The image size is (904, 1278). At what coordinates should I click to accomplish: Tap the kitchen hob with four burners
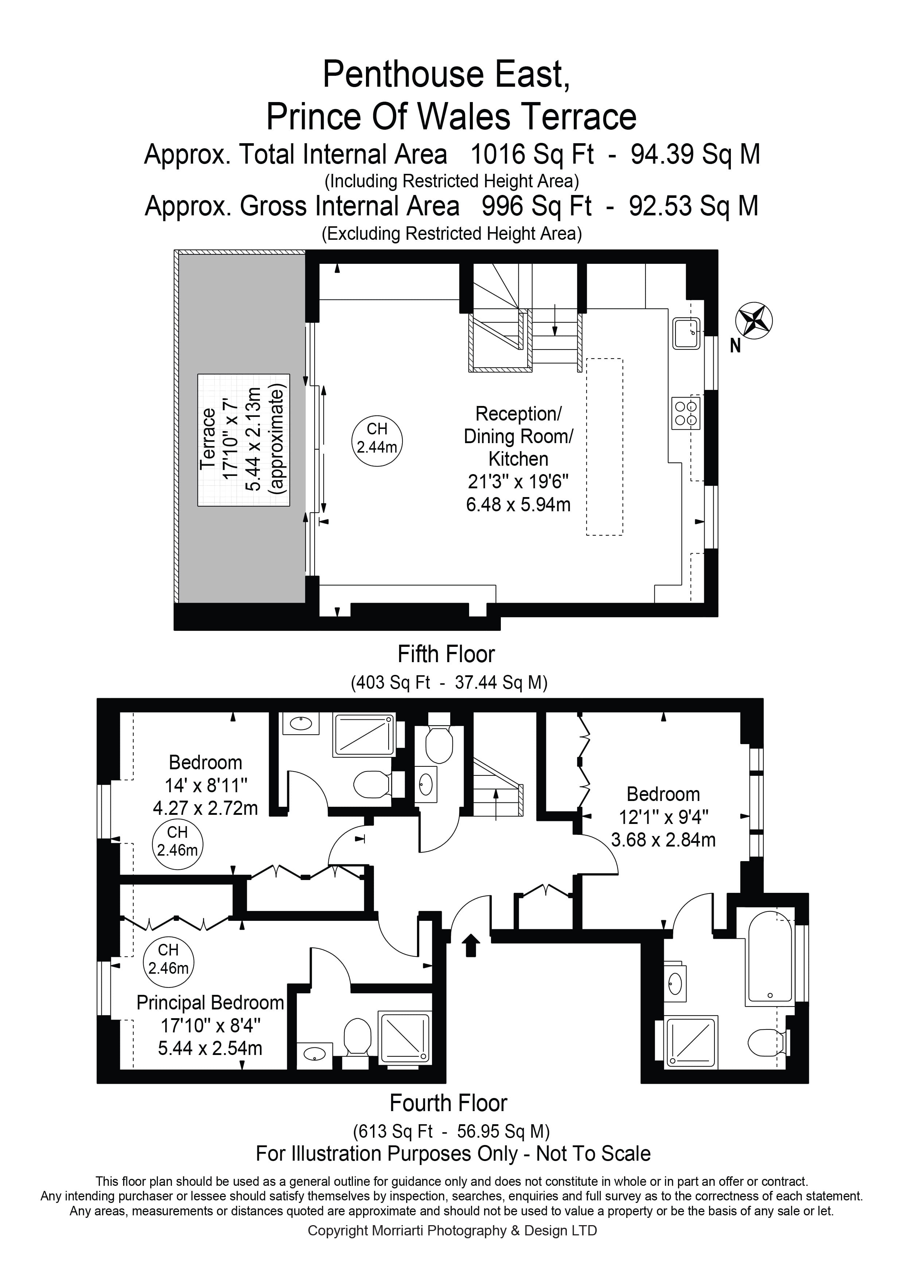point(685,413)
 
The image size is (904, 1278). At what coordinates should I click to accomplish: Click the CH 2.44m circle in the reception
point(377,438)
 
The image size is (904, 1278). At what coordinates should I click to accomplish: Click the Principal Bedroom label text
point(210,1003)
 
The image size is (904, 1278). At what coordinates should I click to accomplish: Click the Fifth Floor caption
point(446,654)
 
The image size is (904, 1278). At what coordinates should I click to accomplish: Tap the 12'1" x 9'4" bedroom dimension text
point(663,817)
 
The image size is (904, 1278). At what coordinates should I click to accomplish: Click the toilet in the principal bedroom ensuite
point(357,1037)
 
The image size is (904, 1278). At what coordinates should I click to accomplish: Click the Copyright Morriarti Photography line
point(452,1231)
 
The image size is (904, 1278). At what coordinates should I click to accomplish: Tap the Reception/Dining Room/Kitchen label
point(518,437)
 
